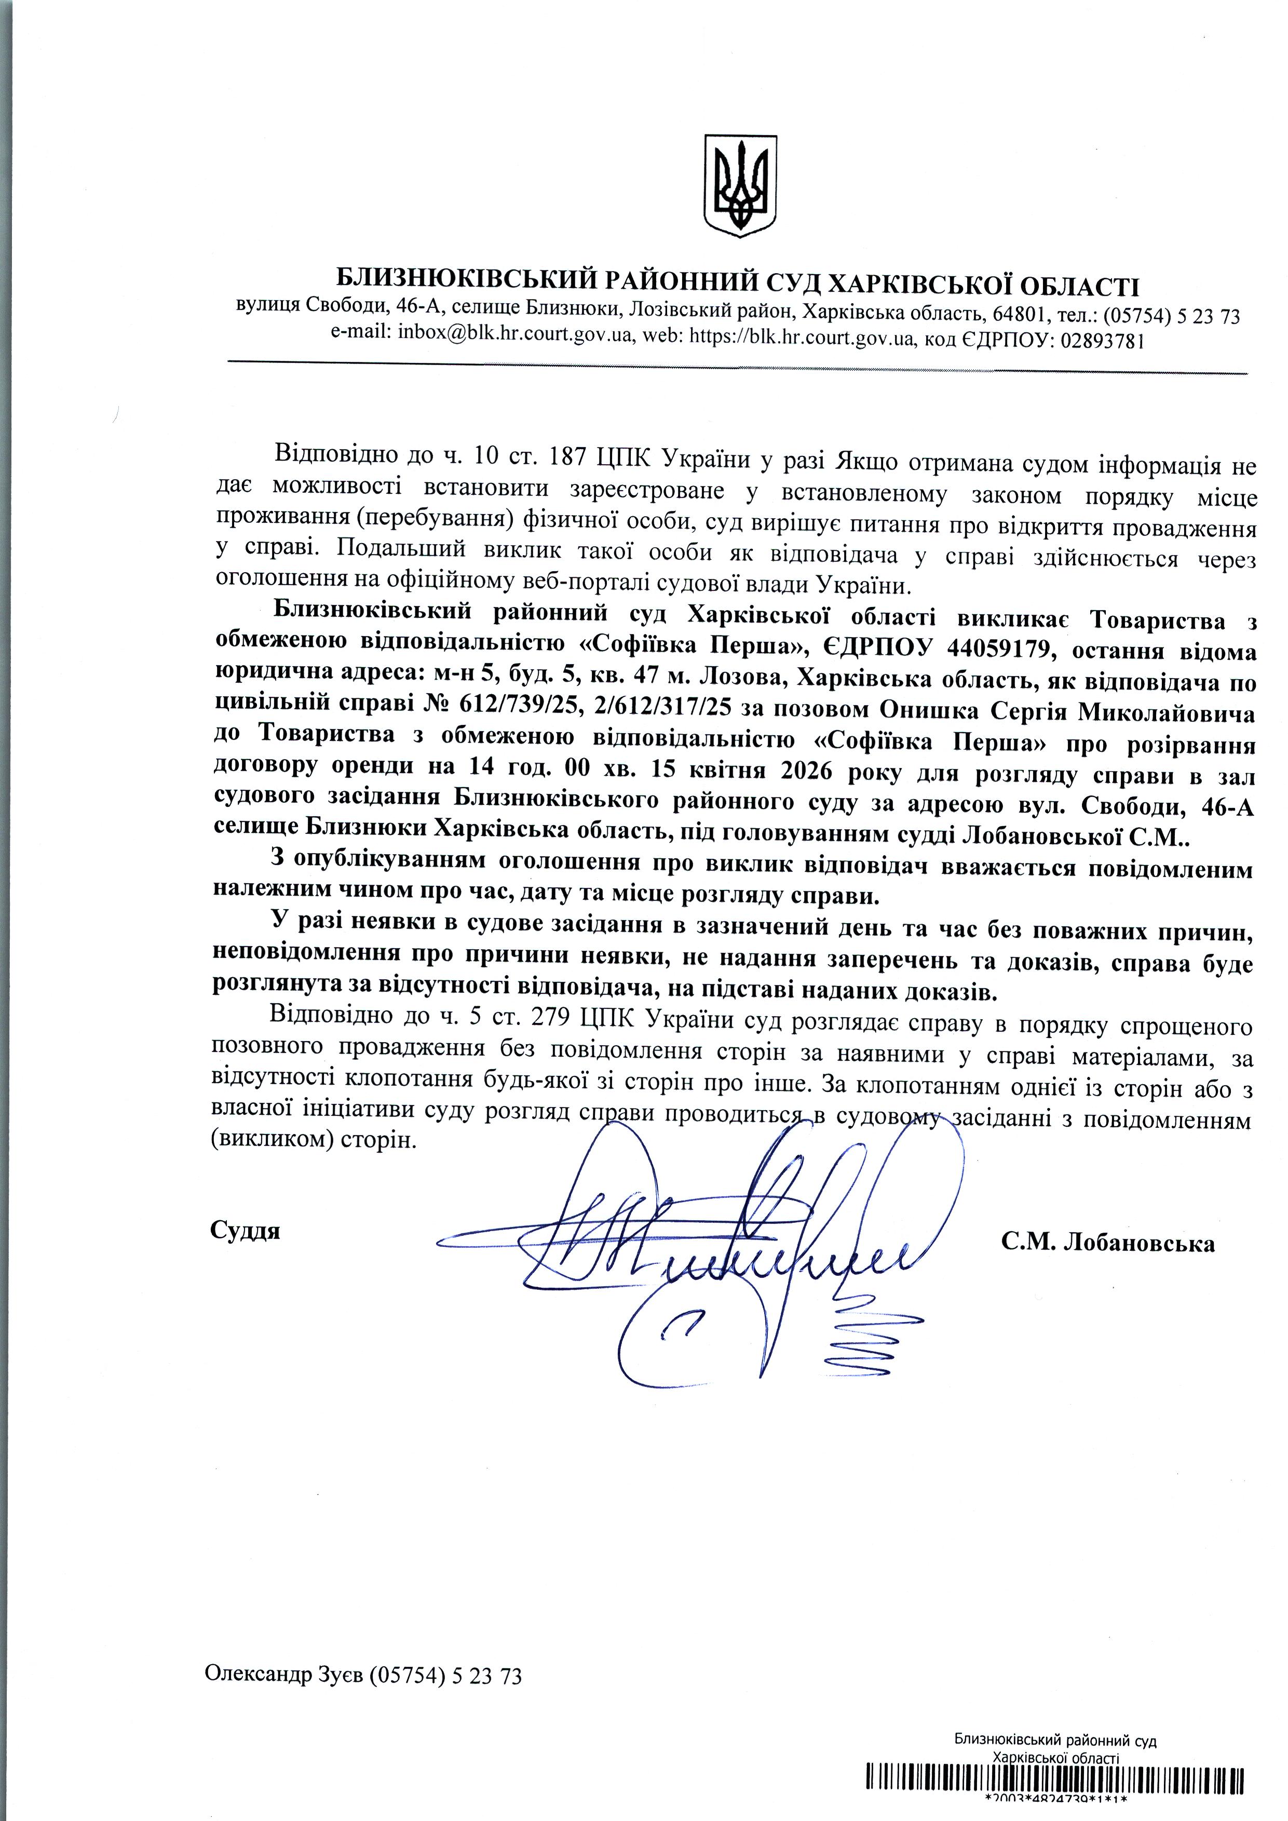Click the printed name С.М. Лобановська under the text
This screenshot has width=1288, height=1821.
point(1107,1243)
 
